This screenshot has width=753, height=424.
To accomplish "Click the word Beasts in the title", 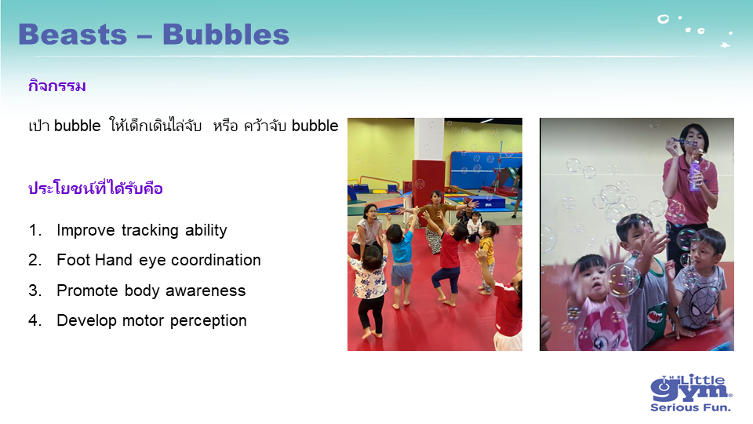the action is (x=72, y=35).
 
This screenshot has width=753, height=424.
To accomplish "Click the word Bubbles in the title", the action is (x=226, y=35).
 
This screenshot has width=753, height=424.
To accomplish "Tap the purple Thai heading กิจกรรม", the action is (x=56, y=86).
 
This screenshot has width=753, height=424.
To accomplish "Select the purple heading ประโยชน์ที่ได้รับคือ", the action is (x=95, y=188).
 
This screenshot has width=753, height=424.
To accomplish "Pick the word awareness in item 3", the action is (x=206, y=291).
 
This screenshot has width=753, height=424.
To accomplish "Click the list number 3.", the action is (x=34, y=291).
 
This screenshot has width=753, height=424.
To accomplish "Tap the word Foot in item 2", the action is (x=71, y=260).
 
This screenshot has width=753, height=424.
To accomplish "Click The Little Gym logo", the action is (x=691, y=393).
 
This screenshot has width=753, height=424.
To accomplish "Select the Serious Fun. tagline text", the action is (x=690, y=408).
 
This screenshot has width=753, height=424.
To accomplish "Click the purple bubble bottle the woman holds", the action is (x=695, y=174).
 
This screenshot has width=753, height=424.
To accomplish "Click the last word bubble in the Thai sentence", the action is (x=315, y=126).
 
